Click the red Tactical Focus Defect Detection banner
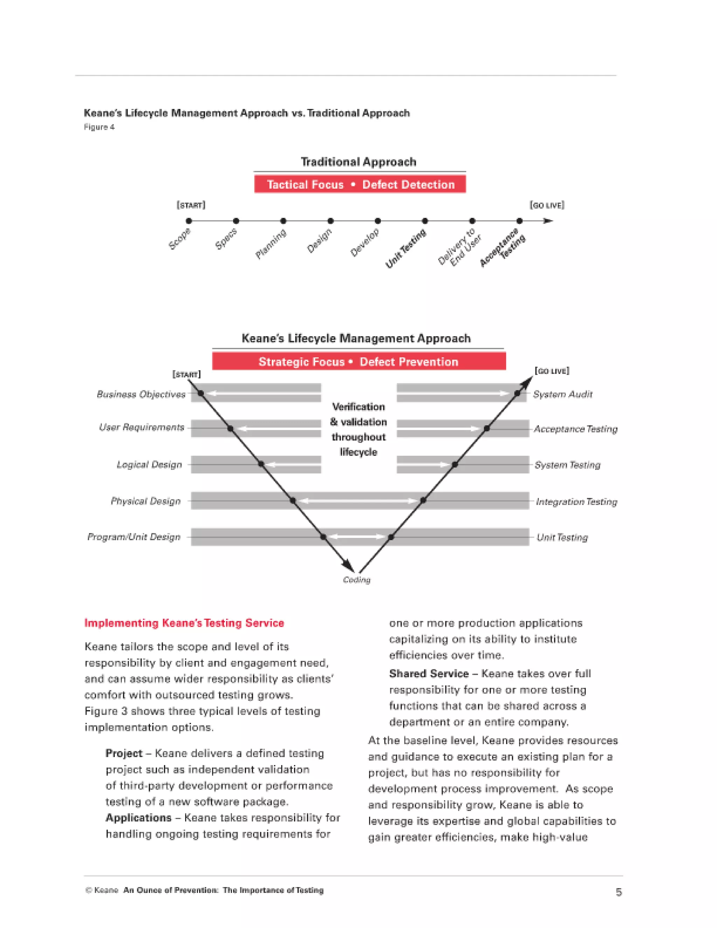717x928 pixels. pos(360,185)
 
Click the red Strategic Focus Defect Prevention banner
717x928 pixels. pos(358,362)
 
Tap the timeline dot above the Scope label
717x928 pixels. pos(189,221)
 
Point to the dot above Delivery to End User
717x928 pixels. pos(472,221)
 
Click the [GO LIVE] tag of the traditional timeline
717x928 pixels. pos(547,205)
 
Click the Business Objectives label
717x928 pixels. pos(141,394)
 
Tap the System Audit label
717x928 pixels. pos(562,394)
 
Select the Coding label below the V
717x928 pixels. pos(356,580)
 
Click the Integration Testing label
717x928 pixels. pos(576,502)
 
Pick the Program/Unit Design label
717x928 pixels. pos(134,537)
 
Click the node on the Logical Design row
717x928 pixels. pos(261,464)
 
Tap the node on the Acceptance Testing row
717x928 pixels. pos(487,428)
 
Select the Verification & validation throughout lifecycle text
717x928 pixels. pos(358,429)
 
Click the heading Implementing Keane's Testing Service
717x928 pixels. pos(184,623)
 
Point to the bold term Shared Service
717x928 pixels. pos(429,674)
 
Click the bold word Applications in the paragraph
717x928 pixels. pos(139,818)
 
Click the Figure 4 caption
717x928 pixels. pos(99,127)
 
